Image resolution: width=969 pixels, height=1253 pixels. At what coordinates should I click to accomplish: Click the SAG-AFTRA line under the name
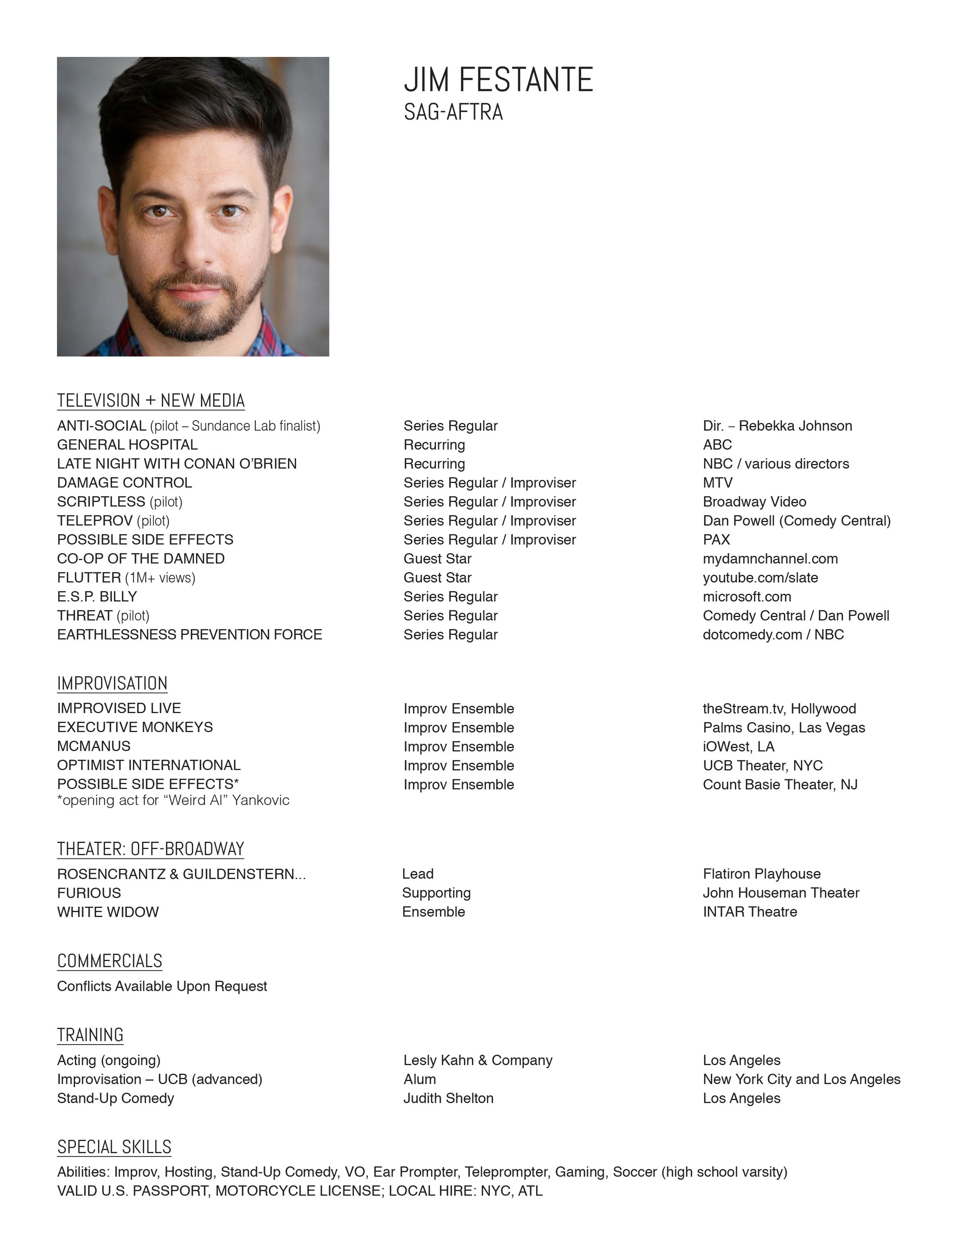pyautogui.click(x=453, y=112)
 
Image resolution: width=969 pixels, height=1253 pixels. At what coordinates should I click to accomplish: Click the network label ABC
pyautogui.click(x=717, y=445)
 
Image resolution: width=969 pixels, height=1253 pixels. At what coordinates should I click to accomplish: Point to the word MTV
pyautogui.click(x=717, y=483)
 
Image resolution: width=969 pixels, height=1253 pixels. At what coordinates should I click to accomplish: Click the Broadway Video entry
pyautogui.click(x=754, y=502)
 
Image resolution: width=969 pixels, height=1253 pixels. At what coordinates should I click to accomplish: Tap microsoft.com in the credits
pyautogui.click(x=747, y=596)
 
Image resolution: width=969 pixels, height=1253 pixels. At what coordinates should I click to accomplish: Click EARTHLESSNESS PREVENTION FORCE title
pyautogui.click(x=190, y=634)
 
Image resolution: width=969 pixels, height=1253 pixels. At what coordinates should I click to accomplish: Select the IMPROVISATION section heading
pyautogui.click(x=112, y=683)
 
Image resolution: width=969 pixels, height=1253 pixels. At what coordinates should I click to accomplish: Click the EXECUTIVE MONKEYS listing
pyautogui.click(x=135, y=727)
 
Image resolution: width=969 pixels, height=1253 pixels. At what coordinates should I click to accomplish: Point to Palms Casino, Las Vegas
pyautogui.click(x=784, y=727)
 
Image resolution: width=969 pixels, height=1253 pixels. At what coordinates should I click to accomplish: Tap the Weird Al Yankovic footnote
pyautogui.click(x=173, y=800)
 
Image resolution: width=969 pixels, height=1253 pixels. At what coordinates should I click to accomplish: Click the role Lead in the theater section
pyautogui.click(x=417, y=874)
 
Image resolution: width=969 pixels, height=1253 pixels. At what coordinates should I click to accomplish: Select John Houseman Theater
pyautogui.click(x=781, y=893)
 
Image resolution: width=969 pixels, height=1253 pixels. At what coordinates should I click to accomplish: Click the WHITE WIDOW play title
pyautogui.click(x=108, y=912)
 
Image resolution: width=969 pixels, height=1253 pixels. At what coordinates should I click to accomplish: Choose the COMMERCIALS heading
pyautogui.click(x=110, y=961)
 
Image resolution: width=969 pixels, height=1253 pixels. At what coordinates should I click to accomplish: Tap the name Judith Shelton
pyautogui.click(x=448, y=1098)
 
